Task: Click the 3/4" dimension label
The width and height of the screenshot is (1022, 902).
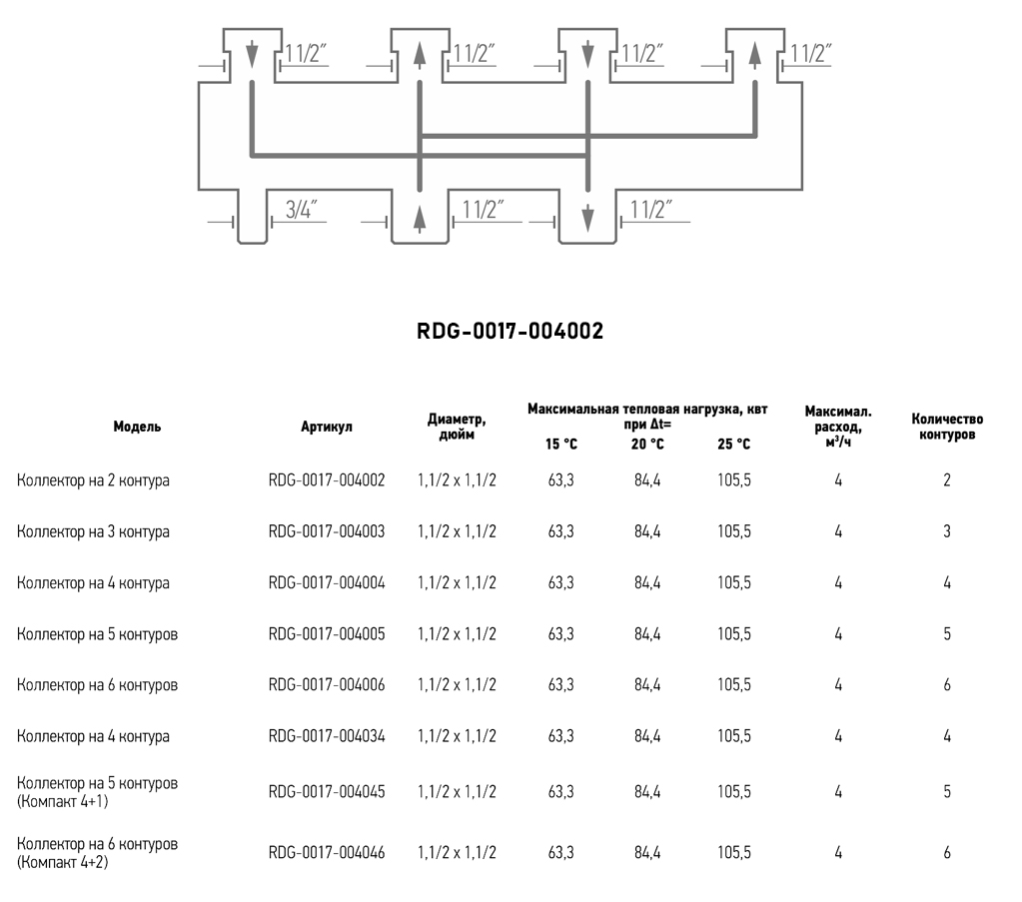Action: pos(301,209)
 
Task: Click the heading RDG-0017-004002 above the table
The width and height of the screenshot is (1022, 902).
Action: pos(511,331)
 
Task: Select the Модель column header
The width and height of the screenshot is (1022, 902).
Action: pos(137,427)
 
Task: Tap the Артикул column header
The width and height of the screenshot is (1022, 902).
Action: pos(327,427)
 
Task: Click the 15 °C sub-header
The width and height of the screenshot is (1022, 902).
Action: pos(561,444)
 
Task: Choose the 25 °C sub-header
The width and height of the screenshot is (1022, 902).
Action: pos(734,444)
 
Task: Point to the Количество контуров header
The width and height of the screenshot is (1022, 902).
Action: pos(947,427)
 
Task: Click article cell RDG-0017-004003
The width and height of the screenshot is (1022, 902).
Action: pos(327,531)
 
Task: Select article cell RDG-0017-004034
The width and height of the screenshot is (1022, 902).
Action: pos(327,736)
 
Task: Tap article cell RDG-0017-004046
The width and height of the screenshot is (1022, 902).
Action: pos(327,852)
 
